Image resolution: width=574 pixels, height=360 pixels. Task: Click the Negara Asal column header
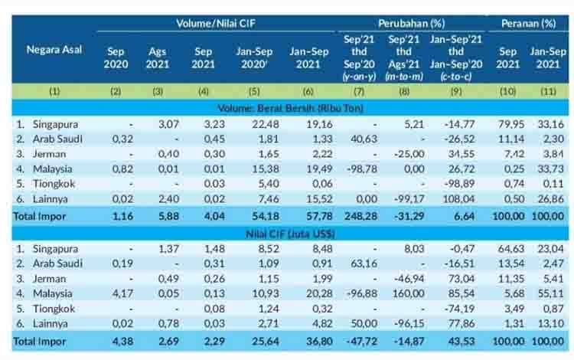pos(54,50)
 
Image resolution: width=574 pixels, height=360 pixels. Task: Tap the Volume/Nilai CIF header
pos(216,24)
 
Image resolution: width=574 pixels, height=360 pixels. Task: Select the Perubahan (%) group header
pos(412,24)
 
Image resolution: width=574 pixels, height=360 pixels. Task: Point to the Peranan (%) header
pos(528,24)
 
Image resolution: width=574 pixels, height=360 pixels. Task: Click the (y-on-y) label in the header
pos(359,77)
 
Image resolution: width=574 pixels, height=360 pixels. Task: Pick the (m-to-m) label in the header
pos(404,77)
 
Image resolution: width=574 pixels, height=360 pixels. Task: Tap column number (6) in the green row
pos(308,91)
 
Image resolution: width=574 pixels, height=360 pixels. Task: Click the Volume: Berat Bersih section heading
pos(290,109)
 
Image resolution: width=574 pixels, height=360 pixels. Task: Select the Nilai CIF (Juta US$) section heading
pos(290,234)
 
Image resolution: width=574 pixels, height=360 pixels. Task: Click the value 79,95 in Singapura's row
pos(511,124)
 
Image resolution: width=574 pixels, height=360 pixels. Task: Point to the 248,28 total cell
pos(360,216)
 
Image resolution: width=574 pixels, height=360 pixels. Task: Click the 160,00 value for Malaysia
pos(408,293)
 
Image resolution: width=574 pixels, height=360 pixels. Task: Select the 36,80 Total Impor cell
pos(319,342)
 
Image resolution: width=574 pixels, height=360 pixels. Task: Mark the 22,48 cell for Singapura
pos(266,124)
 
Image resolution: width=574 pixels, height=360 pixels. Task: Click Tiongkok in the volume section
pos(54,184)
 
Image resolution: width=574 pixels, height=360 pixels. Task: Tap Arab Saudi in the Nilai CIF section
pos(57,263)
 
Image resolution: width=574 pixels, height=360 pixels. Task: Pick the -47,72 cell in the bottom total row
pos(362,342)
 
